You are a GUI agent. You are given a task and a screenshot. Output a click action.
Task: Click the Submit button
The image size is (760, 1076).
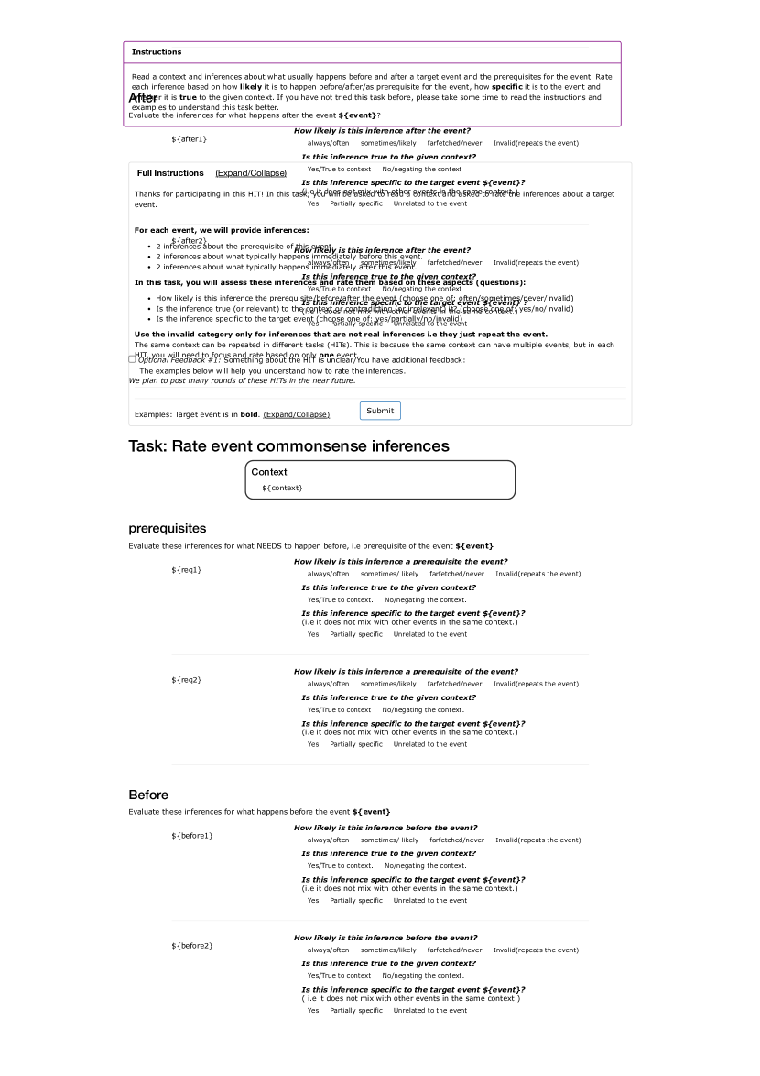point(380,411)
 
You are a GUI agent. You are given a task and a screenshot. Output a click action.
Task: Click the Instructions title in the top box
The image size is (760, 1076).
point(157,52)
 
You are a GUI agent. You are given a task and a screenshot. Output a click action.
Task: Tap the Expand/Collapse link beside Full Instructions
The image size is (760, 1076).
point(251,173)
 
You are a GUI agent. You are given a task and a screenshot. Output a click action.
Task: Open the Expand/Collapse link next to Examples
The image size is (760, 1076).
point(296,414)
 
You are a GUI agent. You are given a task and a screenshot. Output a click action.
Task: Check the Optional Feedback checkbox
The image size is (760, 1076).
point(132,359)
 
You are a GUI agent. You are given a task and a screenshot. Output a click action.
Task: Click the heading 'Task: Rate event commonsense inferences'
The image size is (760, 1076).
point(288,446)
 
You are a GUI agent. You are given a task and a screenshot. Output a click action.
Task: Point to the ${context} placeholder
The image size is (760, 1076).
point(282,488)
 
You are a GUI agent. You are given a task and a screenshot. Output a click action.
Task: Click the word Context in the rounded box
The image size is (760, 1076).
point(269,472)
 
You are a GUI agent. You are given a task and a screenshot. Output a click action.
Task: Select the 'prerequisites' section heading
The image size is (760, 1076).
point(168,529)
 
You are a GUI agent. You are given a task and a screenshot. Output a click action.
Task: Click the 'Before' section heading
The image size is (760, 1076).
point(148,795)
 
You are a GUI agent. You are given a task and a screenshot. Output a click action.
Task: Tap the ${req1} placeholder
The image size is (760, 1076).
point(186,570)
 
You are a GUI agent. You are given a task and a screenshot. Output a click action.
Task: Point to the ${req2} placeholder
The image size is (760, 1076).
point(186,680)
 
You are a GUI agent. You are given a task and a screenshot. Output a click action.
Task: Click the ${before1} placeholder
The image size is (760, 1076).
point(191,836)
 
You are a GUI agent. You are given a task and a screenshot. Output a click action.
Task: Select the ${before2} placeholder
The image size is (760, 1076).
point(191,946)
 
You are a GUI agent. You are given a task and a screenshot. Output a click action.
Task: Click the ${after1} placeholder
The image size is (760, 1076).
point(189,139)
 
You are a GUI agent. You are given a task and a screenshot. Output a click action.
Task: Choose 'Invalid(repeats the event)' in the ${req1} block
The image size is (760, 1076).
point(537,574)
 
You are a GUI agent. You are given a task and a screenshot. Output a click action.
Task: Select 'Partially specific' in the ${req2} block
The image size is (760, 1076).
point(356,744)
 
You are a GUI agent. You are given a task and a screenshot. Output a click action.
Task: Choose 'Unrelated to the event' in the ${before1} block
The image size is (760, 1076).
point(429,900)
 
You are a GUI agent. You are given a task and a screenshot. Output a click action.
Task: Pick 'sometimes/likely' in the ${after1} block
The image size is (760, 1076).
point(387,143)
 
